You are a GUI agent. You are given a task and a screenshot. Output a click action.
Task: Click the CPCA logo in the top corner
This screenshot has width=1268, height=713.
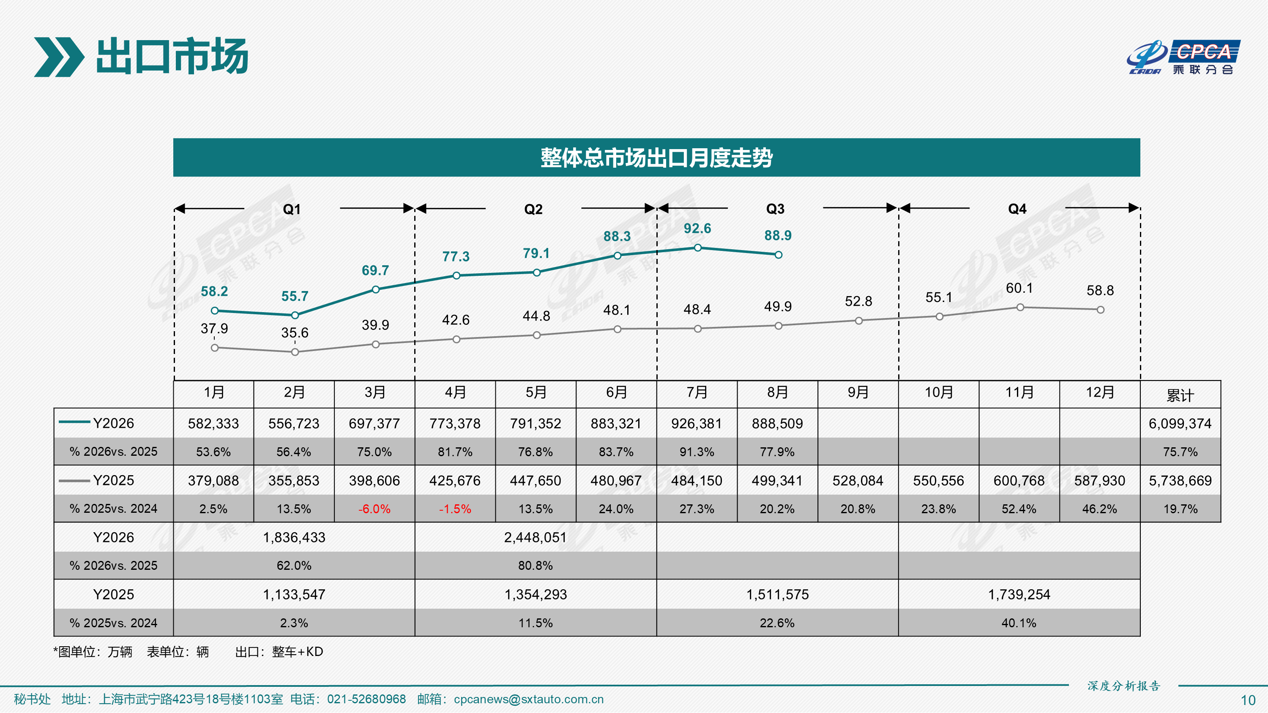[x=1183, y=57]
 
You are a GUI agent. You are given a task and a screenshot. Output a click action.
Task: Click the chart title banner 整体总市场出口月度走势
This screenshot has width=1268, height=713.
[x=657, y=158]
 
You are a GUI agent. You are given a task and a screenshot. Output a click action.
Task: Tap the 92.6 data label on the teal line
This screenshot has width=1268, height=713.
[x=697, y=229]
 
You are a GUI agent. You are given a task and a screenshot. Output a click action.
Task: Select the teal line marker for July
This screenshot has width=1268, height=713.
[x=697, y=248]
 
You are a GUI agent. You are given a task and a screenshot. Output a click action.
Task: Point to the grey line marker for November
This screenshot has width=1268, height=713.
[x=1020, y=308]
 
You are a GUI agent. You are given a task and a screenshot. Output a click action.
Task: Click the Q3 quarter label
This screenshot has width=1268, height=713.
[x=775, y=209]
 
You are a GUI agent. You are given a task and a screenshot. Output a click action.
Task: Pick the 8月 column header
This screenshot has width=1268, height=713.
[x=778, y=392]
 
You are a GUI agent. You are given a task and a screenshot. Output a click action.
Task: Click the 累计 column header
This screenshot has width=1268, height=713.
[x=1181, y=395]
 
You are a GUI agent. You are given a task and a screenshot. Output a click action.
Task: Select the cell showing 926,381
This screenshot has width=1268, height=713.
[x=697, y=424]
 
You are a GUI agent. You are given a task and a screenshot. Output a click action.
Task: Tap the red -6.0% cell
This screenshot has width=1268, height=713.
[x=374, y=509]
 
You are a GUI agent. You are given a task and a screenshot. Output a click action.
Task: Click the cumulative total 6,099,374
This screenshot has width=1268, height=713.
[x=1181, y=424]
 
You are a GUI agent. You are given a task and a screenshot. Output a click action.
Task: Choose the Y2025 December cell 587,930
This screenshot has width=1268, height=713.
[x=1100, y=481]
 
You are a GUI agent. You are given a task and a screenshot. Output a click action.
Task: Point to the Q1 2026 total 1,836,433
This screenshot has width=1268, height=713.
[x=294, y=537]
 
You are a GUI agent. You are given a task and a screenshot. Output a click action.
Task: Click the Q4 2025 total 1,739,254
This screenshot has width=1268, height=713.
[x=1019, y=594]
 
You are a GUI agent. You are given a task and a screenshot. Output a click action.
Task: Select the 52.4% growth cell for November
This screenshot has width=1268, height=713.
[x=1019, y=509]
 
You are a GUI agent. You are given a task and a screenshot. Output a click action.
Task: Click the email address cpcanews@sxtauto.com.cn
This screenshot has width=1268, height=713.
[x=529, y=699]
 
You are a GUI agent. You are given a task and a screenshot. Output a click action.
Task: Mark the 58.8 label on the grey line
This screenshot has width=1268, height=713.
[x=1100, y=290]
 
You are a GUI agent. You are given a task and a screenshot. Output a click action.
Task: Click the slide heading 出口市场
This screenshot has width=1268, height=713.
[x=172, y=57]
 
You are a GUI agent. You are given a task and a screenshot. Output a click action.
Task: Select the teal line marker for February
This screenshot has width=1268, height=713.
[x=295, y=315]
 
